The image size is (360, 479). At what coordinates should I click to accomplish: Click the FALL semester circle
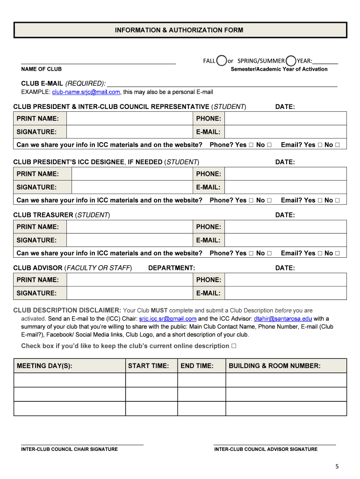(222, 61)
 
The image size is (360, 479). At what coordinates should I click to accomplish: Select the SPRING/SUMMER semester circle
(291, 61)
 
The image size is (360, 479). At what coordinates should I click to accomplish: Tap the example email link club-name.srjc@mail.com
(86, 92)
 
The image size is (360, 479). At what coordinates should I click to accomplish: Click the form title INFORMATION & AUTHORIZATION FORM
(179, 30)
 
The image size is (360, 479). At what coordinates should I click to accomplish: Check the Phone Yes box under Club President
(251, 145)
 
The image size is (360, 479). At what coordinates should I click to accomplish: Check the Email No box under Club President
(337, 145)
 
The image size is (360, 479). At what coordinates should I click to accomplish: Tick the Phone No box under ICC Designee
(269, 200)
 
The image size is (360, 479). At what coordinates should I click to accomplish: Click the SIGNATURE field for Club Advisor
(130, 293)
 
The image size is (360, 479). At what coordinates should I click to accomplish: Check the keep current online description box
(234, 346)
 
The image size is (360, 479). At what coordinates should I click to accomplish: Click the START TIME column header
(148, 366)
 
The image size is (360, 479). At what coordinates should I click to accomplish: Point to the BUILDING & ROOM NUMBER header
(274, 366)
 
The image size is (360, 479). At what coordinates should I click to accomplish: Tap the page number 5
(337, 466)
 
